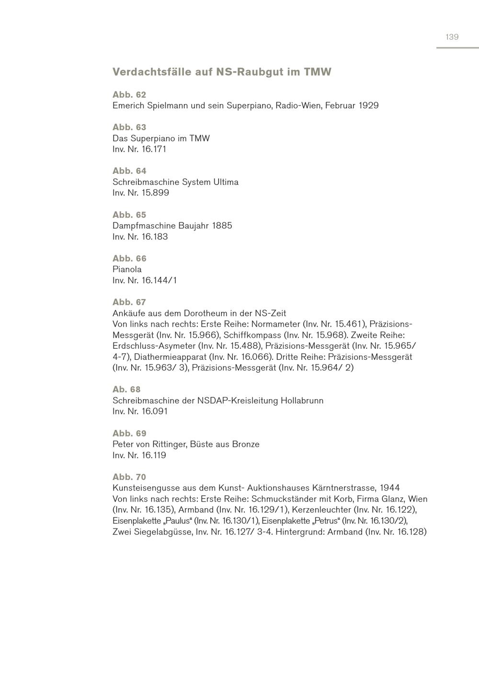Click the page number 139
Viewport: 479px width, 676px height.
452,37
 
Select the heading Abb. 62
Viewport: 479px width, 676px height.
129,94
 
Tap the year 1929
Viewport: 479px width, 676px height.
368,105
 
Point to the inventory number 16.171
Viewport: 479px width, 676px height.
154,149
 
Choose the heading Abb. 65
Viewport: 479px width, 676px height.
129,215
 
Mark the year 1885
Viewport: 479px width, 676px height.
222,226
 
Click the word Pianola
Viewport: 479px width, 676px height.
127,269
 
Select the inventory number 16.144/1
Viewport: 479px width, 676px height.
159,280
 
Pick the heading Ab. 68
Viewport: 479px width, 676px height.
126,390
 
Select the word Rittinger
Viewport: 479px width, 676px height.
165,444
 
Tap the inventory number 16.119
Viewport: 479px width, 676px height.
154,455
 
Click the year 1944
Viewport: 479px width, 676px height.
389,488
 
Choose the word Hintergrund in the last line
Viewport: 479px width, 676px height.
299,532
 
